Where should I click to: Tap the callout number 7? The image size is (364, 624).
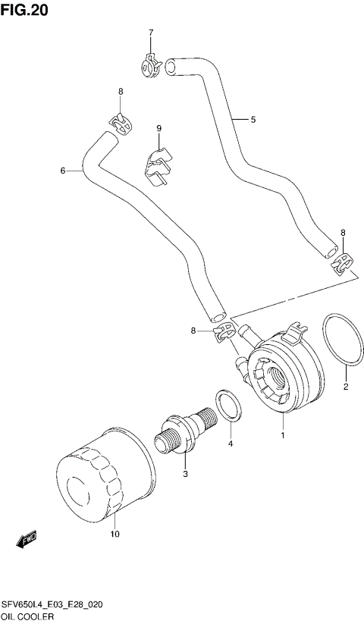[150, 33]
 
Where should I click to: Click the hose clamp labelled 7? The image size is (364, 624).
[152, 65]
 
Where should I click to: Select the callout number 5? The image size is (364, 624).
[253, 119]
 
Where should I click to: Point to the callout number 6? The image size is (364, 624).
[63, 171]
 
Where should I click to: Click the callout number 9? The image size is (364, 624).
[159, 128]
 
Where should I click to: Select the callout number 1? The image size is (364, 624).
[284, 436]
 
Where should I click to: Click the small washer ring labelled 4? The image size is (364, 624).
[227, 406]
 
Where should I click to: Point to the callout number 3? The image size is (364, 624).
[184, 475]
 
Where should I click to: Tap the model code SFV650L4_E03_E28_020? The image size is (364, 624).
[52, 604]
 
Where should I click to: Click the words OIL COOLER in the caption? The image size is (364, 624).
[32, 616]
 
